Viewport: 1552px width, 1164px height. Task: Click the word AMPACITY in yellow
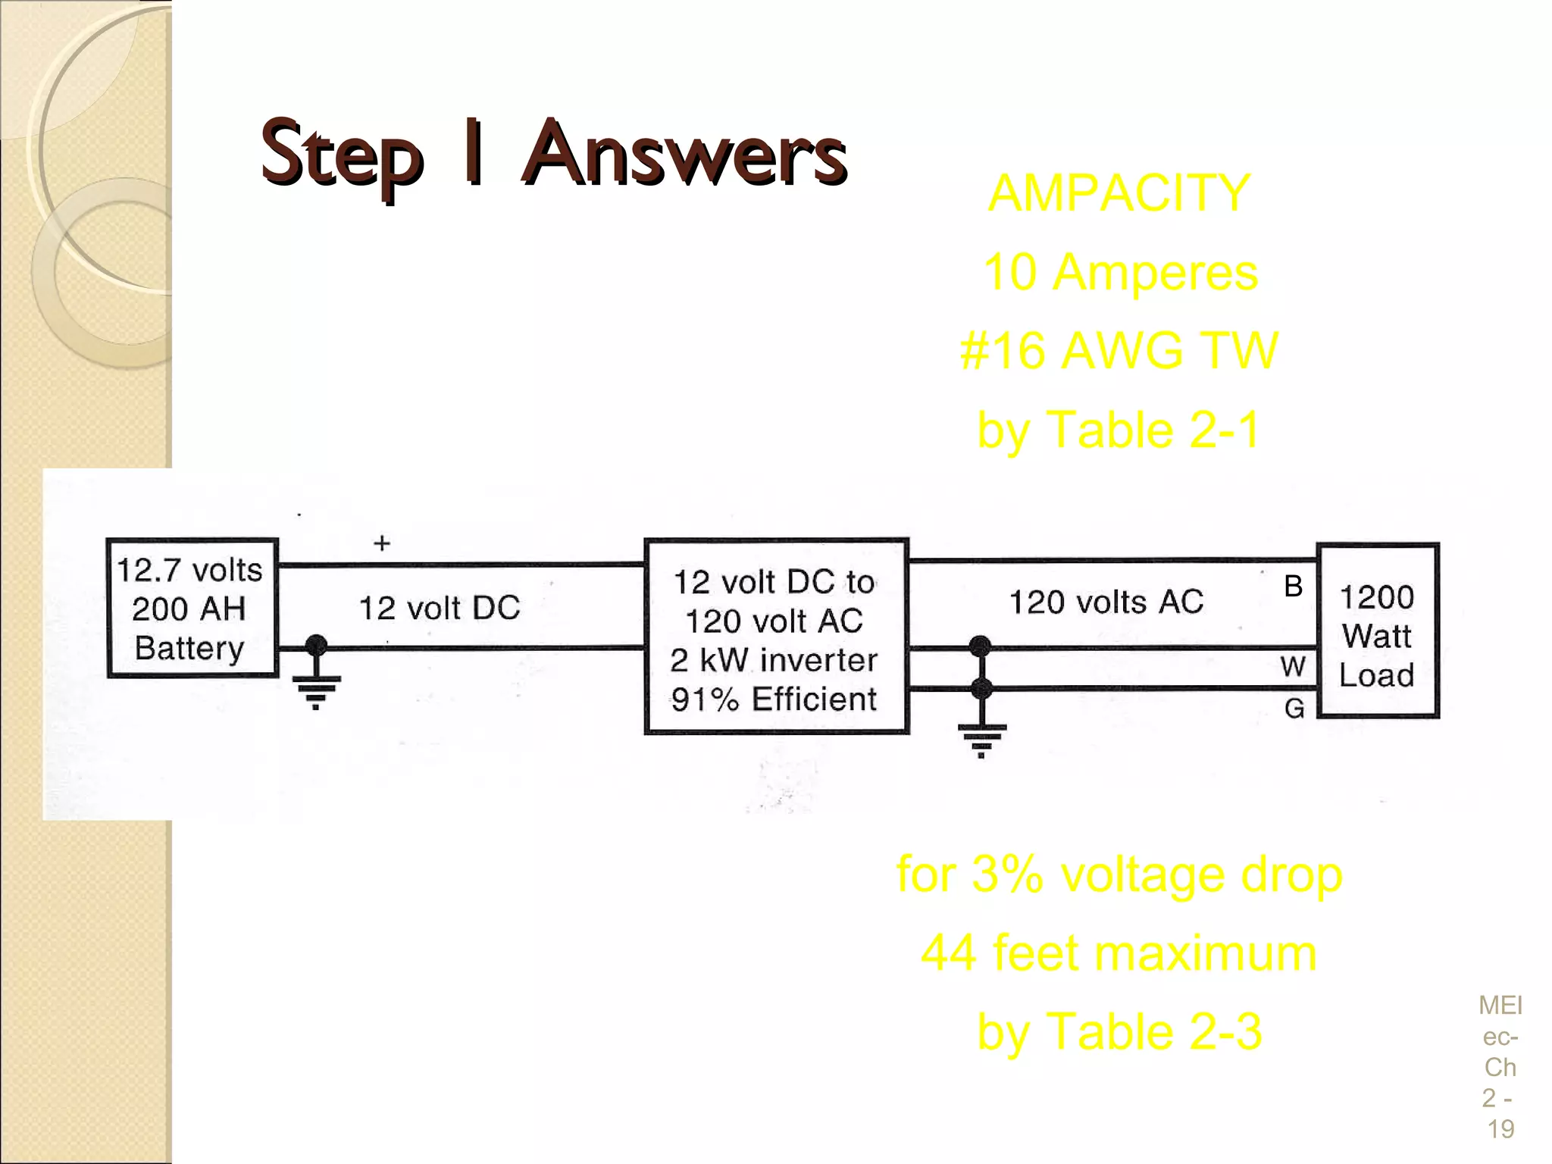pos(1119,193)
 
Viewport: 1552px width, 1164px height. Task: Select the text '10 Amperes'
pos(1120,272)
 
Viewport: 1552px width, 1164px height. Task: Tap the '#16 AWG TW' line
pos(1119,351)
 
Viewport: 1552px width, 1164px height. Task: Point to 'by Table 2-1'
pos(1119,430)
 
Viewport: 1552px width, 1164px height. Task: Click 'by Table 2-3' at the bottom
pos(1119,1032)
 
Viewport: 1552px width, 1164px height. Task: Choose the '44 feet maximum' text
pos(1119,953)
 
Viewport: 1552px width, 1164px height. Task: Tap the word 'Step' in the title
pos(342,155)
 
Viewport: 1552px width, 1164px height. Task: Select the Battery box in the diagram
pos(192,608)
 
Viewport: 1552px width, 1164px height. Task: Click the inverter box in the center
pos(776,637)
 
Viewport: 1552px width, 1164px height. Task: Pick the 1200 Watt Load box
pos(1377,630)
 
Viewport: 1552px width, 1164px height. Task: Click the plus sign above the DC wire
pos(382,543)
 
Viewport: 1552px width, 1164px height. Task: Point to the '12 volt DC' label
pos(440,608)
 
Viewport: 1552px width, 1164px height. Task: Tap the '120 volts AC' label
pos(1106,602)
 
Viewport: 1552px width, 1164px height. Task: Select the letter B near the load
pos(1293,586)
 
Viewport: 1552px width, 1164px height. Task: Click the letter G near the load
pos(1294,709)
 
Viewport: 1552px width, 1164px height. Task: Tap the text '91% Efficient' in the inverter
pos(774,699)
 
